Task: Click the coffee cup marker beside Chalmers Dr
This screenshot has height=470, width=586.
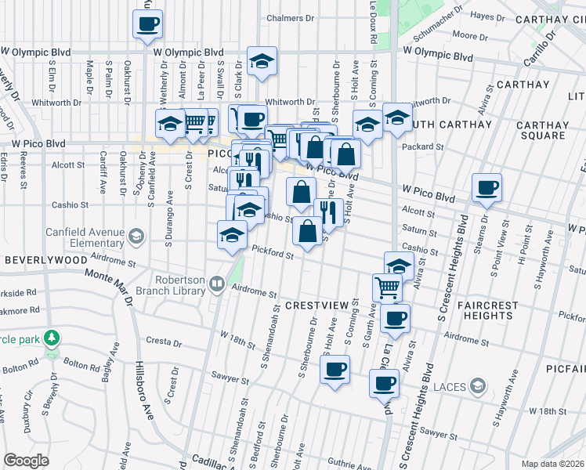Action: pyautogui.click(x=147, y=23)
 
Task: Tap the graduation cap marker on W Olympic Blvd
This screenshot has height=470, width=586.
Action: pyautogui.click(x=262, y=61)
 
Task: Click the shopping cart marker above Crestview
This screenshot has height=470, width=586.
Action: pyautogui.click(x=387, y=288)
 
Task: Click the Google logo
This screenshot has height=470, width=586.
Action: pyautogui.click(x=26, y=461)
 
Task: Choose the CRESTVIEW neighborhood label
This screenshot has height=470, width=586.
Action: pyautogui.click(x=316, y=304)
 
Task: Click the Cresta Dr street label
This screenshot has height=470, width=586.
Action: pyautogui.click(x=164, y=342)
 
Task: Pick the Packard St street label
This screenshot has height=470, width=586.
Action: pyautogui.click(x=422, y=146)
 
